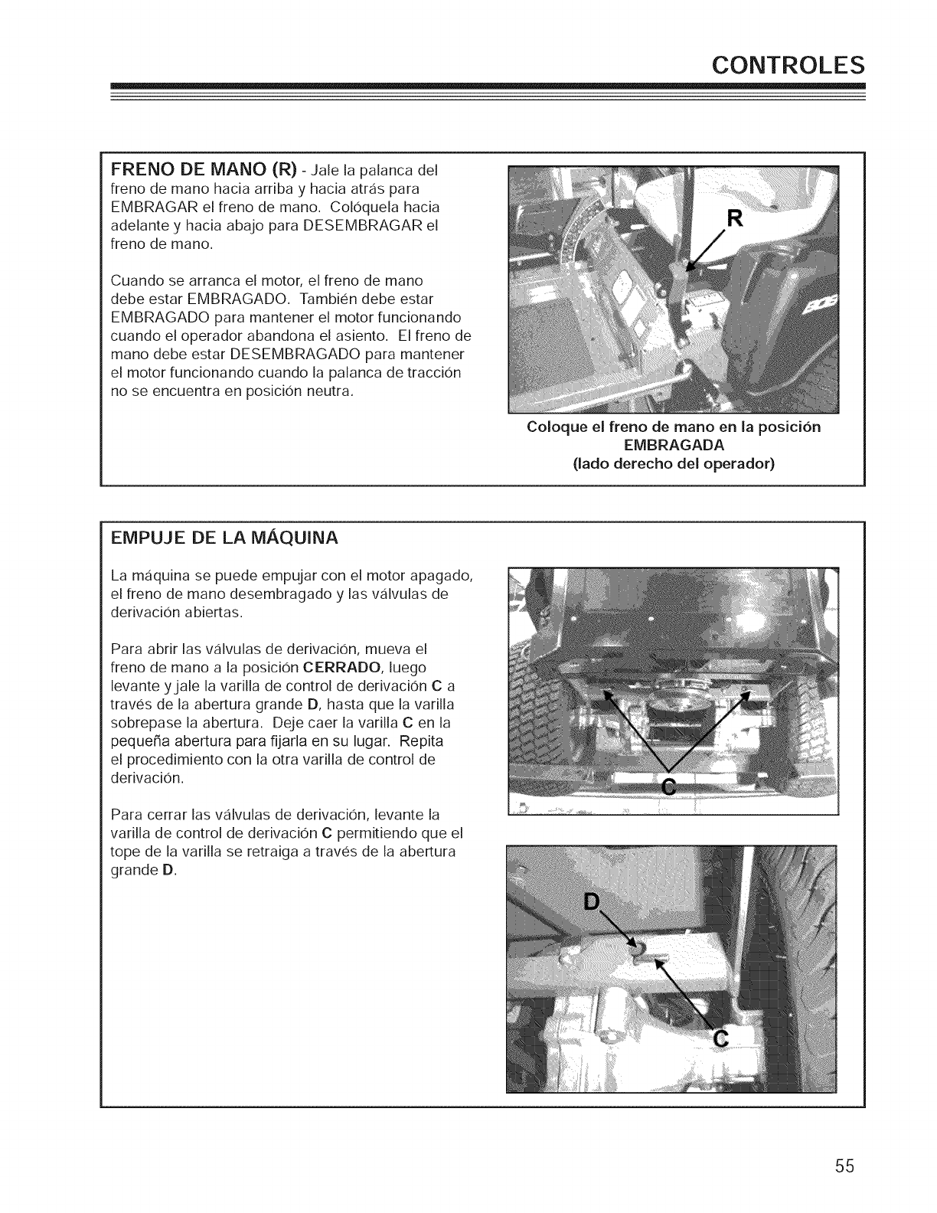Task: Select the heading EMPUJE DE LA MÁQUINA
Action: (x=225, y=538)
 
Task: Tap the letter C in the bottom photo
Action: (x=719, y=1038)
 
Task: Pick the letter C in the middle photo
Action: (x=668, y=786)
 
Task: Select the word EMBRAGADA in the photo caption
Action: (x=674, y=445)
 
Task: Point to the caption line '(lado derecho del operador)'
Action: (x=674, y=463)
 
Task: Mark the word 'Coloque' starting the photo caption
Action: (x=554, y=427)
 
